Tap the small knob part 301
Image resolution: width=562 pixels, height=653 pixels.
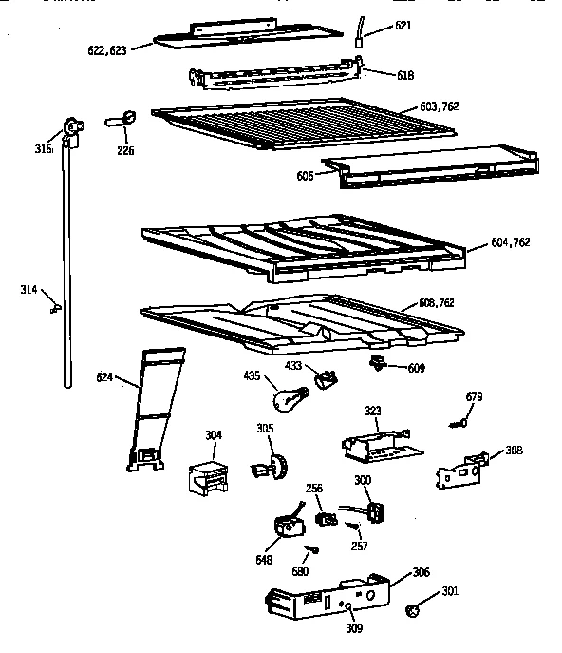pyautogui.click(x=413, y=609)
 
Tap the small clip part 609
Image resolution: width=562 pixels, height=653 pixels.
pyautogui.click(x=376, y=362)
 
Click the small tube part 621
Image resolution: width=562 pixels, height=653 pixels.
pyautogui.click(x=361, y=31)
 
